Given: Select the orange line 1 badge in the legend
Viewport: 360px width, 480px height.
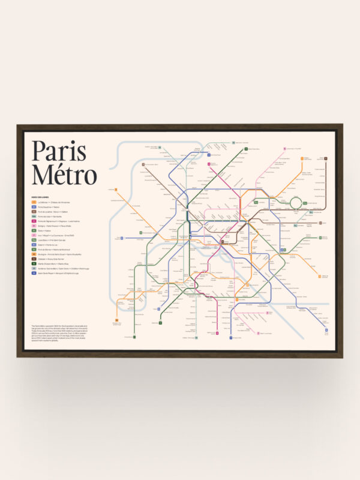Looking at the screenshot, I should [34, 202].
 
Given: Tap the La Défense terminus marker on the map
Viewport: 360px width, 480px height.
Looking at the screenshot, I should [116, 191].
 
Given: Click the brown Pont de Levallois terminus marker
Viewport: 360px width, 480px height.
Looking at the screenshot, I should [144, 163].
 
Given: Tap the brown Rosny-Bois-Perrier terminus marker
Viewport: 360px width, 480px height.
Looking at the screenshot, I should [326, 158].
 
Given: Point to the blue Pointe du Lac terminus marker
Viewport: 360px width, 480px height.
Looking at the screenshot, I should [326, 330].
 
